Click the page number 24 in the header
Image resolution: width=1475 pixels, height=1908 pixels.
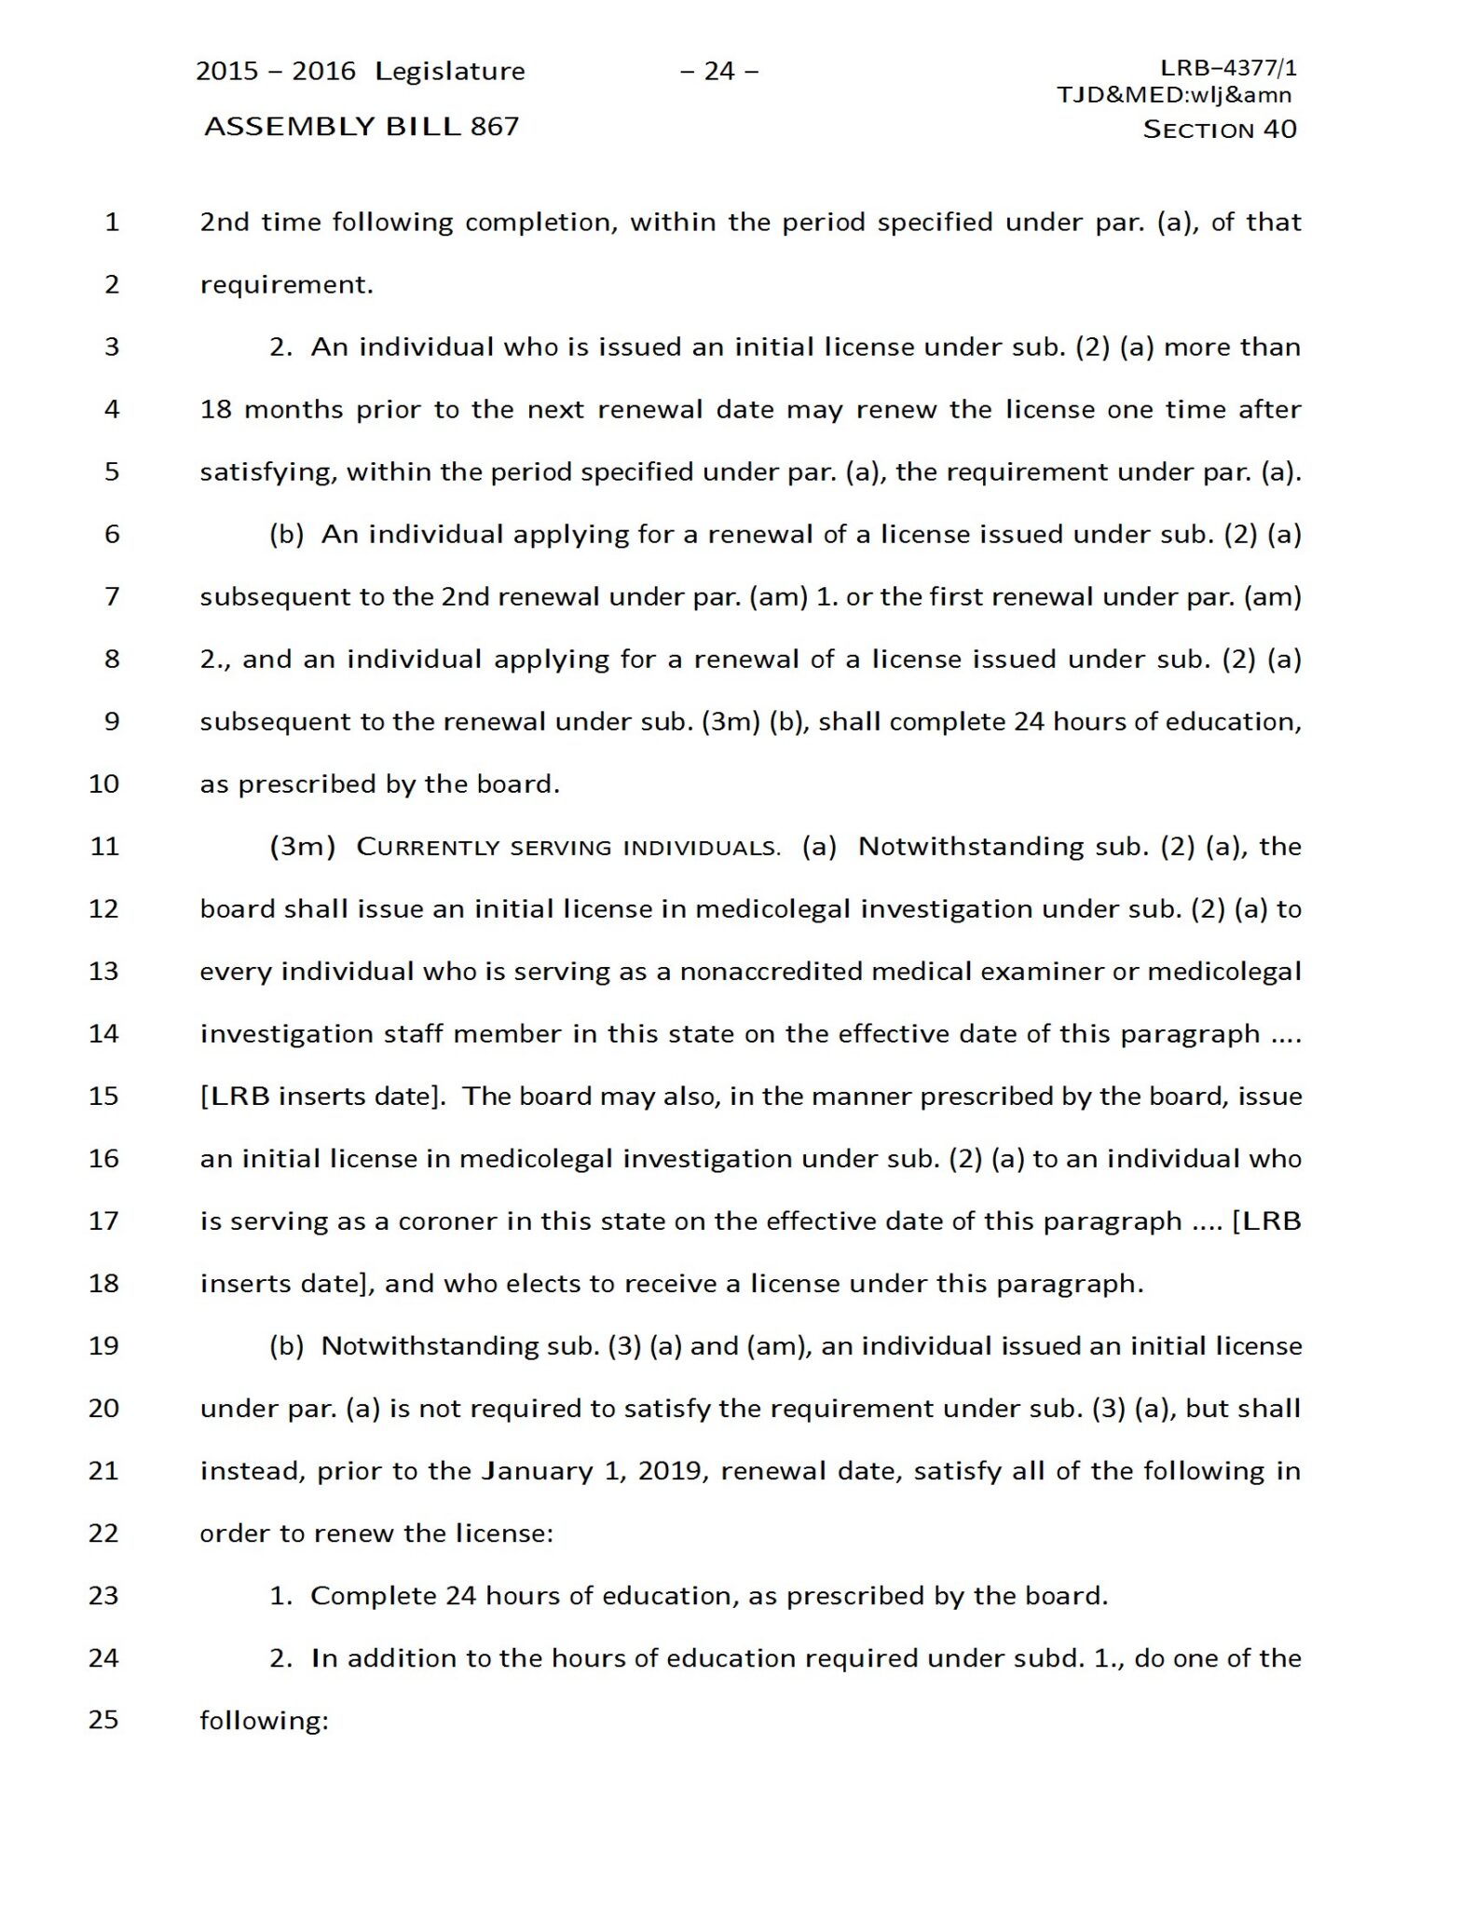point(718,72)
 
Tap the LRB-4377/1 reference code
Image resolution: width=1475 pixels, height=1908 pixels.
point(1228,68)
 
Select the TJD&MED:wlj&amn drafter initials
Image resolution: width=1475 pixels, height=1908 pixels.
point(1174,94)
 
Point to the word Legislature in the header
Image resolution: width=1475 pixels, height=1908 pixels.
point(450,72)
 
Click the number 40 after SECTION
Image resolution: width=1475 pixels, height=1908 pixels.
point(1279,129)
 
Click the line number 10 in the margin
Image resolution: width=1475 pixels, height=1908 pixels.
point(104,784)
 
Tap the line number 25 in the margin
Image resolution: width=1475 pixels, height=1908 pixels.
point(104,1720)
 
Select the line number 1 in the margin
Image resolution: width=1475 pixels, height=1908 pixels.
point(112,223)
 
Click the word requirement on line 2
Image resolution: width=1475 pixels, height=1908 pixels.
point(286,285)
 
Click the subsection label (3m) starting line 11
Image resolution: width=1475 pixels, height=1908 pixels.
point(302,847)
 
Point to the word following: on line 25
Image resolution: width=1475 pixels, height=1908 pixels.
point(265,1721)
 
